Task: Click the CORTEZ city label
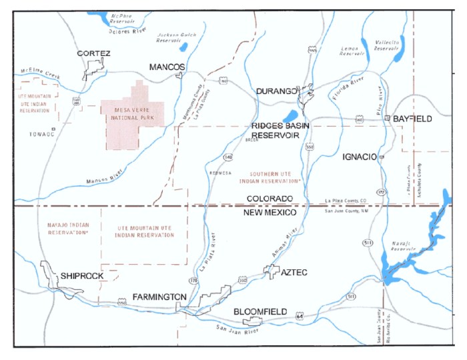(93, 53)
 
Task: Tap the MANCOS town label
(167, 67)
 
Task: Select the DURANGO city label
(276, 91)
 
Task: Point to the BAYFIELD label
(412, 119)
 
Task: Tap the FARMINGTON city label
(159, 296)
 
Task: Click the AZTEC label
(294, 273)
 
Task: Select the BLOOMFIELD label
(260, 311)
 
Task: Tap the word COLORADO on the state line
(270, 199)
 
